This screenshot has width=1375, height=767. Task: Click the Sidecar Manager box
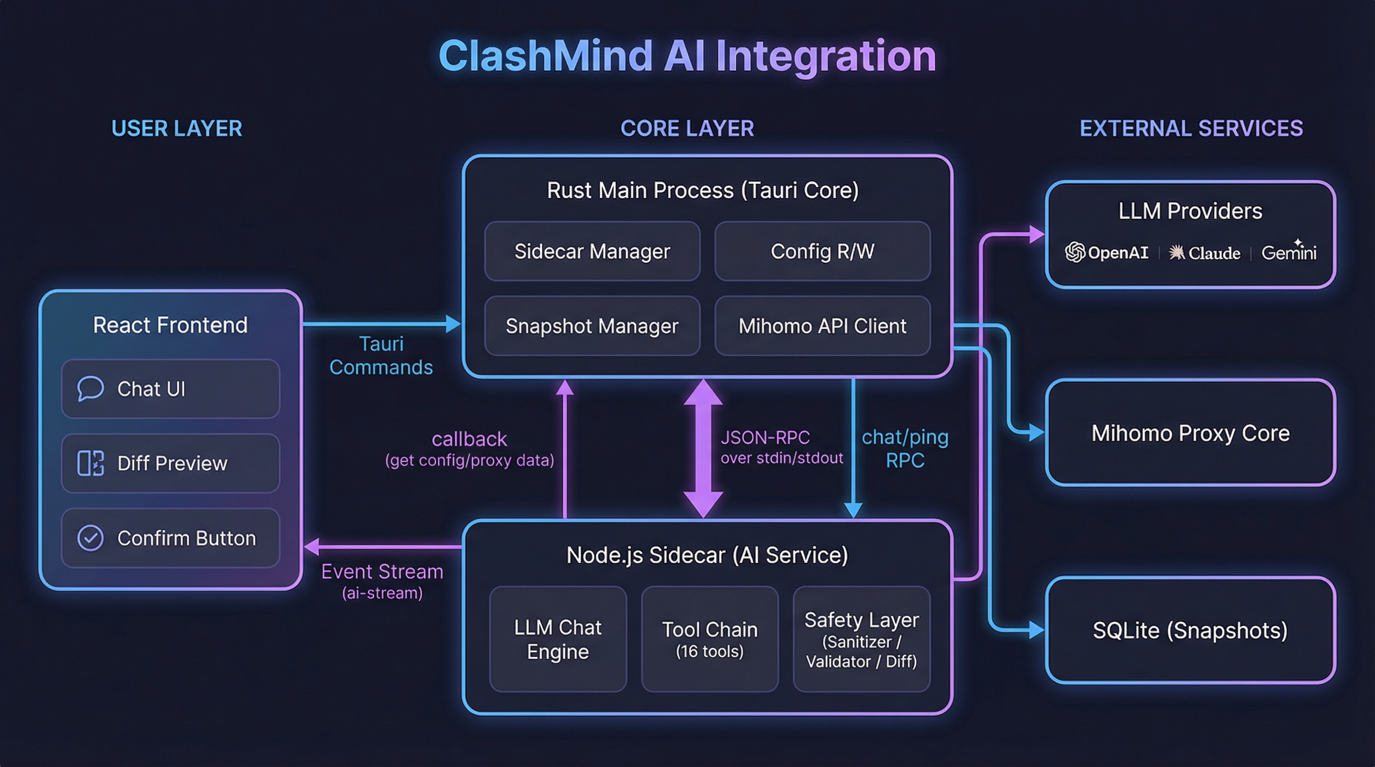[592, 251]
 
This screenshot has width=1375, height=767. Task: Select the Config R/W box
[822, 251]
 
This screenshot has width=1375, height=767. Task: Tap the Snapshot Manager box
[592, 326]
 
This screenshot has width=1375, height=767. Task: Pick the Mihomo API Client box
[822, 326]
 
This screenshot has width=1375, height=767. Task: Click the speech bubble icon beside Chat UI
[90, 388]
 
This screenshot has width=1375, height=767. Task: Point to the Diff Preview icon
[90, 463]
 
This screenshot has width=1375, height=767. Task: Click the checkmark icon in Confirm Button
[90, 538]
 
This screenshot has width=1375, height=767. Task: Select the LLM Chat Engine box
[558, 639]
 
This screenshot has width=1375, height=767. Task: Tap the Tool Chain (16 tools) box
[709, 639]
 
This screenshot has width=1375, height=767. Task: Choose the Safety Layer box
[861, 639]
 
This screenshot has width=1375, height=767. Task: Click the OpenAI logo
[1075, 252]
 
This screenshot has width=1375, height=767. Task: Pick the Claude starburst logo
[1177, 252]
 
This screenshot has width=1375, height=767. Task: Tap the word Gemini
[1289, 252]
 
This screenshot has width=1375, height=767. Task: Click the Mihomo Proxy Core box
[1190, 432]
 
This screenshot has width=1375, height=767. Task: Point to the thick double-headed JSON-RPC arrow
[703, 448]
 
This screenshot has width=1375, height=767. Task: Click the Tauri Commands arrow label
[381, 355]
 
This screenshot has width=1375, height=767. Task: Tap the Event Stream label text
[382, 572]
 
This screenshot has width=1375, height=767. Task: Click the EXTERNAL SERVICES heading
[1191, 128]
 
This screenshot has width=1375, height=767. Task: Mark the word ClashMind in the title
[545, 56]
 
